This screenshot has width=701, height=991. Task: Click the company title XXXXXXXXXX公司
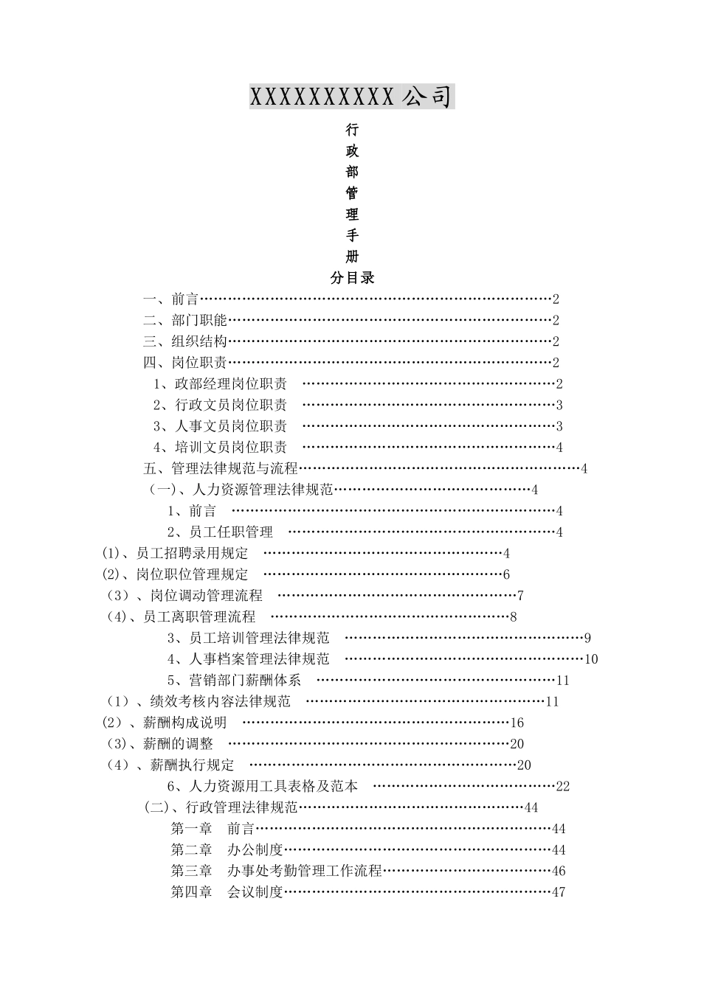[351, 97]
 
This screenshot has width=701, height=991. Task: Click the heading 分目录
[352, 278]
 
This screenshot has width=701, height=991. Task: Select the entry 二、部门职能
[184, 320]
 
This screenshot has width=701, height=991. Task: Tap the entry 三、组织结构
[184, 341]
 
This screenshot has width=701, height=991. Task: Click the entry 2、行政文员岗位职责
[220, 405]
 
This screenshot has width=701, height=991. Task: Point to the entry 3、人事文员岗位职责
[220, 426]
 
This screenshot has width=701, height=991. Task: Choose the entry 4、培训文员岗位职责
[220, 448]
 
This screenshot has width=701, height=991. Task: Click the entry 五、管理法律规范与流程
[220, 468]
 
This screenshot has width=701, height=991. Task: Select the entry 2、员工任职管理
[220, 532]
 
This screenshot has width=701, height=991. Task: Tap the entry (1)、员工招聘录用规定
[176, 554]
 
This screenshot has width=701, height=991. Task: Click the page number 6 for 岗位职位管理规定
[507, 575]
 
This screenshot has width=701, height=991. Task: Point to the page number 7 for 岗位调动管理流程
[520, 596]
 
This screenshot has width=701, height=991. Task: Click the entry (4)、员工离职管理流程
[182, 617]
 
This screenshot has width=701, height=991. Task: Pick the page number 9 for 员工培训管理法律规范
[587, 639]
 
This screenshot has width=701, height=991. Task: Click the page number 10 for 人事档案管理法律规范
[591, 659]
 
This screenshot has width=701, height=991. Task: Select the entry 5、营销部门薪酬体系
[234, 681]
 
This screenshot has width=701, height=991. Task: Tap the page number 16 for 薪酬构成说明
[517, 723]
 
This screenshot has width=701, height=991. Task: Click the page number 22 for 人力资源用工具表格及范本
[563, 787]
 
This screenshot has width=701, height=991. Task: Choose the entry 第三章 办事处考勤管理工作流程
[277, 871]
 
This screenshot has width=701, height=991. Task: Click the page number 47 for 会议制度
[559, 892]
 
